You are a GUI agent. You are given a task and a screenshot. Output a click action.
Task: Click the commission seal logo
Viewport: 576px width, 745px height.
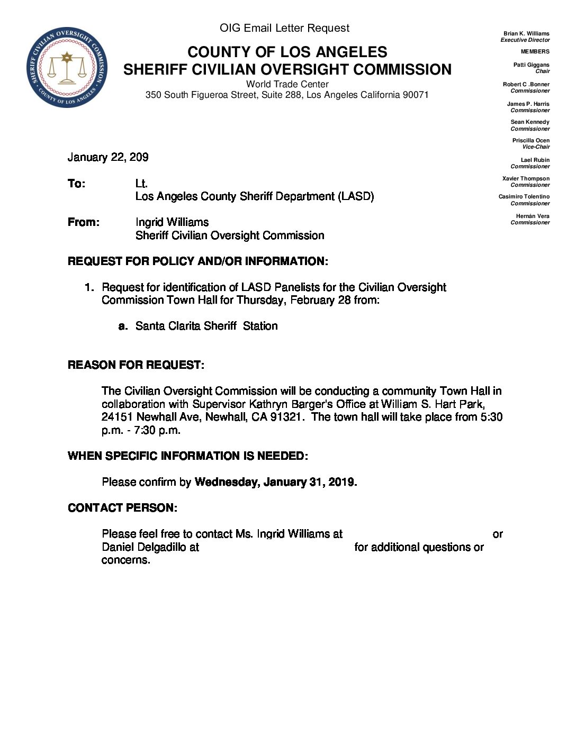[x=67, y=67]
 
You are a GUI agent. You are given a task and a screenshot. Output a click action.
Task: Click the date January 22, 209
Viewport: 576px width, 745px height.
[x=108, y=157]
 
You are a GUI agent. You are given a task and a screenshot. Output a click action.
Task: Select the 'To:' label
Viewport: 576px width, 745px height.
[x=76, y=184]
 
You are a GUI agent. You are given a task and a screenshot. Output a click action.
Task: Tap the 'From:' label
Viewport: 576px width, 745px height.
[x=83, y=222]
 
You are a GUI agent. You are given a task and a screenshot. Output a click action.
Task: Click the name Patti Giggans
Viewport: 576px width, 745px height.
[x=531, y=65]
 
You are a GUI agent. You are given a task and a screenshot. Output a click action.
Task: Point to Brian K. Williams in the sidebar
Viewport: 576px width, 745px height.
[x=526, y=33]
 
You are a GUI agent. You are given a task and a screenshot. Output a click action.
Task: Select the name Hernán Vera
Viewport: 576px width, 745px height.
[x=533, y=216]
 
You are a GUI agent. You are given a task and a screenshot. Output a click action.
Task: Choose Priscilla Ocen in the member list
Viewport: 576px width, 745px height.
[x=530, y=140]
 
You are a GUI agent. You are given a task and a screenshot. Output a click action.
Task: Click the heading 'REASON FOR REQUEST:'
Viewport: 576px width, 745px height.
[x=136, y=365]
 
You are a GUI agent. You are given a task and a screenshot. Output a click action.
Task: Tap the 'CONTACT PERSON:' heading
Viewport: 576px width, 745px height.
[x=122, y=508]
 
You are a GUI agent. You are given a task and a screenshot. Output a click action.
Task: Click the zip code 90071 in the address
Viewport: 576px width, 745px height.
[x=416, y=95]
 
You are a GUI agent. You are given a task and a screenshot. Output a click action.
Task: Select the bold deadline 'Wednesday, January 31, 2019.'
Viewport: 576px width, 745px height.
[x=276, y=482]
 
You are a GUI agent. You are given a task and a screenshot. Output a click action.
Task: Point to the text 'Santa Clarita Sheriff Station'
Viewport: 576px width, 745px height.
[x=206, y=326]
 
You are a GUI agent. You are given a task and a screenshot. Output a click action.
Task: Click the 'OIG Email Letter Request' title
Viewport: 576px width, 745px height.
[x=285, y=28]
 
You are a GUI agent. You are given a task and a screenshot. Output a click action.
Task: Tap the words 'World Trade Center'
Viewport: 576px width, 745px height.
[x=287, y=84]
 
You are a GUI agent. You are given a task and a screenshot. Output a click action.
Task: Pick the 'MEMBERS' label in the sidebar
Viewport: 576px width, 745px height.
[x=535, y=51]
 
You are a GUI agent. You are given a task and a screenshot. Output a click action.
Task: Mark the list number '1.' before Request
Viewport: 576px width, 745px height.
[x=89, y=287]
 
